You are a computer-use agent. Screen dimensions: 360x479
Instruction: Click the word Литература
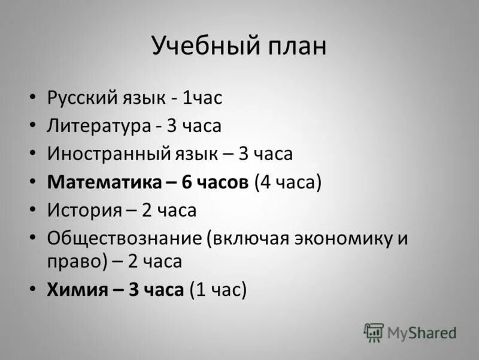(99, 126)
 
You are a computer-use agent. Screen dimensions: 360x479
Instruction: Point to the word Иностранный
(105, 154)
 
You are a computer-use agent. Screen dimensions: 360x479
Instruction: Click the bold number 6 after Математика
(186, 182)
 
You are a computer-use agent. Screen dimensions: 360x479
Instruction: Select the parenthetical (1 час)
(218, 290)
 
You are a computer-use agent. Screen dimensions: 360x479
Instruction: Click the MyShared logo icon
(374, 332)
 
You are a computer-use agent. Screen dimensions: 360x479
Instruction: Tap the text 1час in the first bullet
(203, 98)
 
